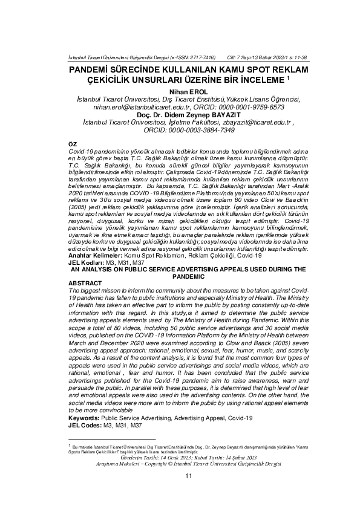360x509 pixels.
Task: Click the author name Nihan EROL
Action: [x=189, y=91]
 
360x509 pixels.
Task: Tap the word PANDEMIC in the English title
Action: [x=189, y=275]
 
